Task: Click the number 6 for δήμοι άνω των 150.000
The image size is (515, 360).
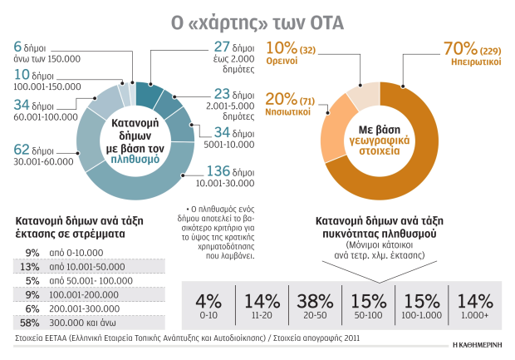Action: (x=17, y=47)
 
